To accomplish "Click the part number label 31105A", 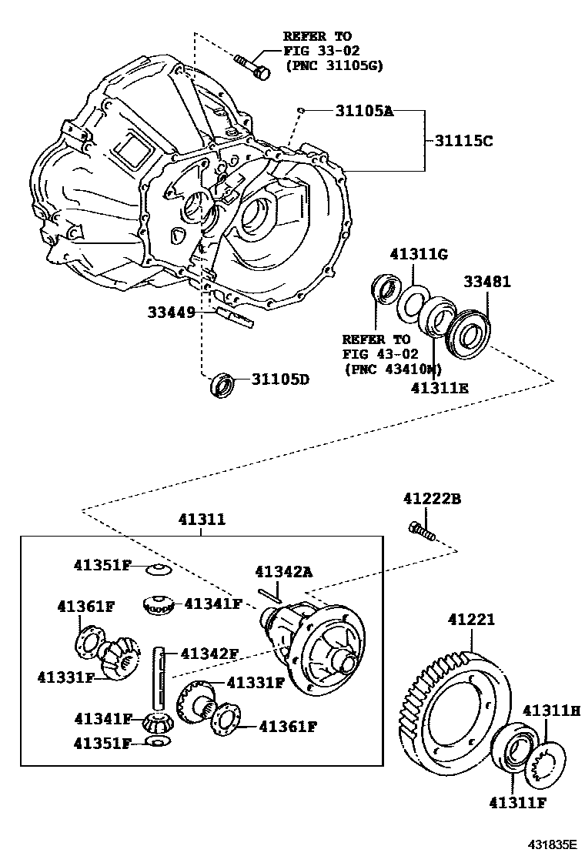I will click(364, 111).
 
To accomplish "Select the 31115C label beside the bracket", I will click(463, 140).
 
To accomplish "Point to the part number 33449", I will click(171, 313).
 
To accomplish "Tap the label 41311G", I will click(419, 253).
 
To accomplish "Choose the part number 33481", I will click(486, 283).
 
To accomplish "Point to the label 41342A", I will click(284, 571).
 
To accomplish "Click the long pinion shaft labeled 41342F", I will click(159, 677).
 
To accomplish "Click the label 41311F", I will click(518, 804).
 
